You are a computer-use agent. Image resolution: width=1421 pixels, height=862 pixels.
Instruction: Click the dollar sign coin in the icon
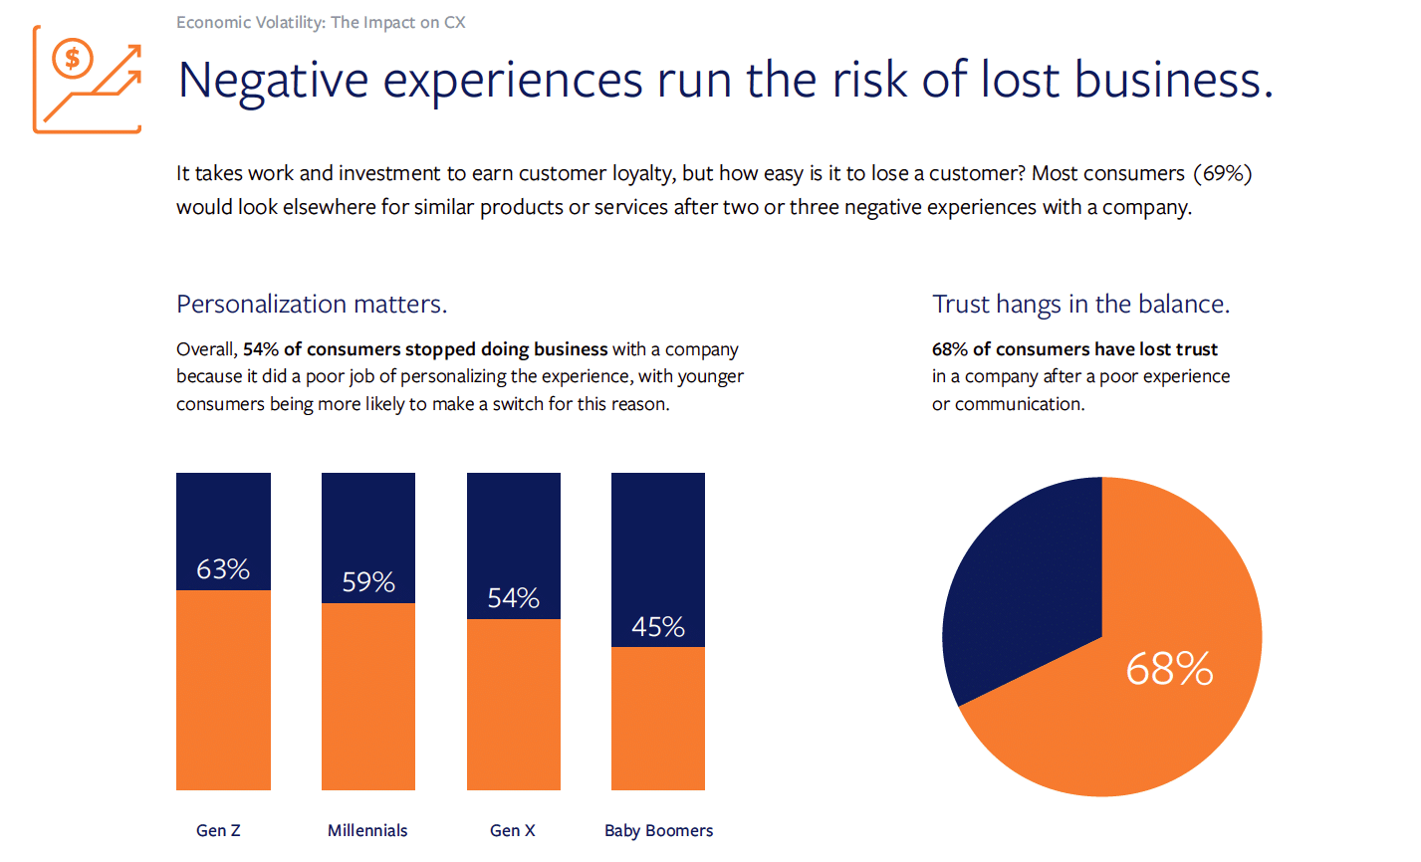[x=73, y=59]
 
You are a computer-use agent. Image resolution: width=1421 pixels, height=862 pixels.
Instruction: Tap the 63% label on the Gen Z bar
[x=223, y=569]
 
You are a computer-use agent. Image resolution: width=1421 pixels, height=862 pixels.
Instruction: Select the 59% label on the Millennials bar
[x=367, y=581]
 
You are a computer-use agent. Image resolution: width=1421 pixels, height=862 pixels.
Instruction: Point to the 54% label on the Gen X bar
[x=513, y=597]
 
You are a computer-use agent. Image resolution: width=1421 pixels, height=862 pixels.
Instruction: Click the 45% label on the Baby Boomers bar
[x=658, y=627]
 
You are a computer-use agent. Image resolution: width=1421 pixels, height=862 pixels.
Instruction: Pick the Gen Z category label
[x=218, y=830]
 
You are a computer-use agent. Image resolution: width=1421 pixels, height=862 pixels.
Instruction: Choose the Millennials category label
[x=367, y=830]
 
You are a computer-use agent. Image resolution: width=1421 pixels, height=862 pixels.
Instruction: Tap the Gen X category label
[x=513, y=830]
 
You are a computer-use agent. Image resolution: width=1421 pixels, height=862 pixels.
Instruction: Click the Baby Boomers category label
[x=658, y=831]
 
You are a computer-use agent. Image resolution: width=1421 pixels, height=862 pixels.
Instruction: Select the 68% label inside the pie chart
[x=1169, y=669]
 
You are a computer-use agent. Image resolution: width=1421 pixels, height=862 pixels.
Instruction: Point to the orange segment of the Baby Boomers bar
[x=658, y=718]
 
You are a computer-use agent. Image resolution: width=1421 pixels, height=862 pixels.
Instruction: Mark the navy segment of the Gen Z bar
[x=223, y=532]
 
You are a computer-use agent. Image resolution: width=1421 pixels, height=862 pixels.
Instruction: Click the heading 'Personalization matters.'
[x=312, y=305]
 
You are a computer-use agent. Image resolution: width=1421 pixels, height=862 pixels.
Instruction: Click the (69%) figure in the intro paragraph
[x=1223, y=173]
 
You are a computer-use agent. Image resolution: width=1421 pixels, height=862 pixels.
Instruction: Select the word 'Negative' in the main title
[x=274, y=82]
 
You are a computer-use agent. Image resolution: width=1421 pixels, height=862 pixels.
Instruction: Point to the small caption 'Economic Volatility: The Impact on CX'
[x=321, y=23]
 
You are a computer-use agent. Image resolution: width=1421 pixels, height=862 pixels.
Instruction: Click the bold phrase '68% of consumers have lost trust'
[x=1074, y=348]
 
